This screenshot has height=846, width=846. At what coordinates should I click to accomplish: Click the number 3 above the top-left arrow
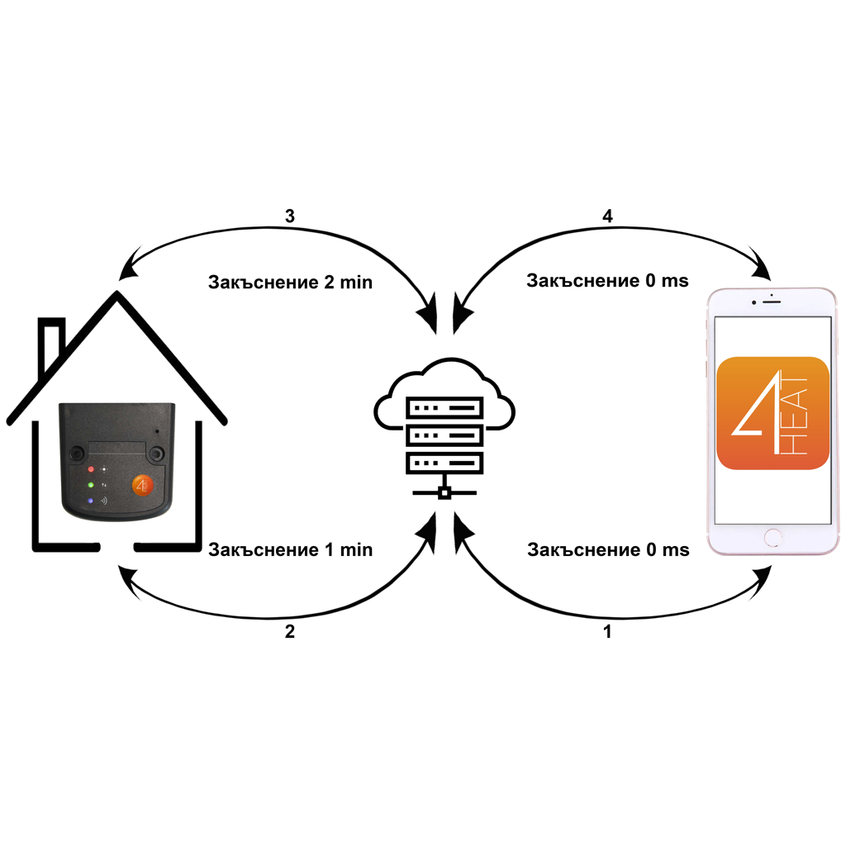point(289,216)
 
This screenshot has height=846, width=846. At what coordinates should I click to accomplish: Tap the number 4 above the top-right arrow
point(608,216)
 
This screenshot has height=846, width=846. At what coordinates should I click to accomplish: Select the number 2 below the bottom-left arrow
point(289,633)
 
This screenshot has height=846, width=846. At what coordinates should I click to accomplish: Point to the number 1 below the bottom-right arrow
point(608,633)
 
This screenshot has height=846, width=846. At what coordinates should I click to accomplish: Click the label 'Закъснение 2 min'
point(290,283)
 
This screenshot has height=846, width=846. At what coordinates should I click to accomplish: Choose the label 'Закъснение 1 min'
point(290,549)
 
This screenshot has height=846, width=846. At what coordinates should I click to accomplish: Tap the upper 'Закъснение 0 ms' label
point(607,281)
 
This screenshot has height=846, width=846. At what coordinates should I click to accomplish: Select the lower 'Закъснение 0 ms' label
point(607,549)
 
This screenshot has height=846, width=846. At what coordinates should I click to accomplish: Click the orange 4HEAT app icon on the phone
point(773,413)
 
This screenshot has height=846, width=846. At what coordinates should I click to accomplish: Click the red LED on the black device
point(91,468)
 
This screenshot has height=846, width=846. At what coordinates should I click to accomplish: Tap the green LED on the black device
point(91,484)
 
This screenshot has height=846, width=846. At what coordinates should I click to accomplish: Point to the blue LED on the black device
point(91,501)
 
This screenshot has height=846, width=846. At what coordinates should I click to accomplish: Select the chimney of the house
point(52,343)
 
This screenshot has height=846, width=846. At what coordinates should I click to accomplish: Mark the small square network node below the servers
point(444,493)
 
